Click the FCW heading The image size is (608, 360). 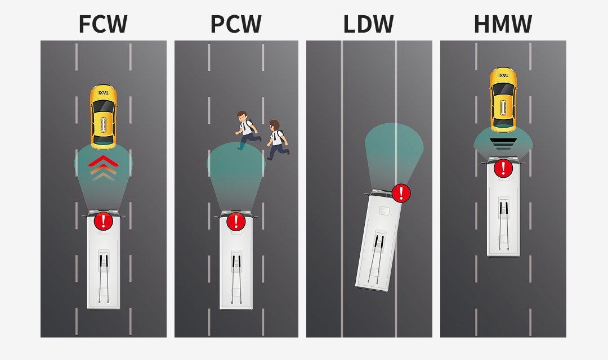click(103, 24)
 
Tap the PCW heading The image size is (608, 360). click(236, 24)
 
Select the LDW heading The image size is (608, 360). click(368, 24)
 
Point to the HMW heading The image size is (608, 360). click(503, 24)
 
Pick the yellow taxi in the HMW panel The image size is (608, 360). click(503, 100)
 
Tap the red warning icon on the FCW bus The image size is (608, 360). click(103, 221)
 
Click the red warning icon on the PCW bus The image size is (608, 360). click(236, 221)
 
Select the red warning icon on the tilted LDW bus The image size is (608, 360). click(401, 193)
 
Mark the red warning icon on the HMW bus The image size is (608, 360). click(503, 168)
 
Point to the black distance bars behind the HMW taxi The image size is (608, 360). click(503, 143)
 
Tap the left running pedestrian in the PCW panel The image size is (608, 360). click(247, 130)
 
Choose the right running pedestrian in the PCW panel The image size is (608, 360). click(276, 139)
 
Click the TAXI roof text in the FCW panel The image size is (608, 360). click(103, 92)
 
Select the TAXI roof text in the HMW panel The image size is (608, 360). click(503, 75)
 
